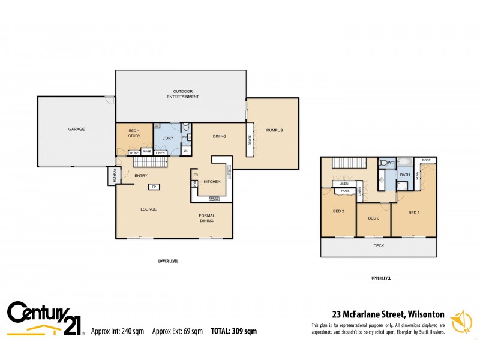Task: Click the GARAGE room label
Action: coord(76,129)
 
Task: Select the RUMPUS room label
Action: coord(274,131)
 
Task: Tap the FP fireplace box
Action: coord(154,187)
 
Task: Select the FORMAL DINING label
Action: coord(206,218)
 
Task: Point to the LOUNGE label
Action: coord(149,209)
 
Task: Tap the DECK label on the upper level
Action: coord(379,246)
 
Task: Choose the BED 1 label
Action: coord(413,212)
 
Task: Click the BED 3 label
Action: coord(374,218)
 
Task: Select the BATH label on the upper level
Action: coord(405,175)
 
